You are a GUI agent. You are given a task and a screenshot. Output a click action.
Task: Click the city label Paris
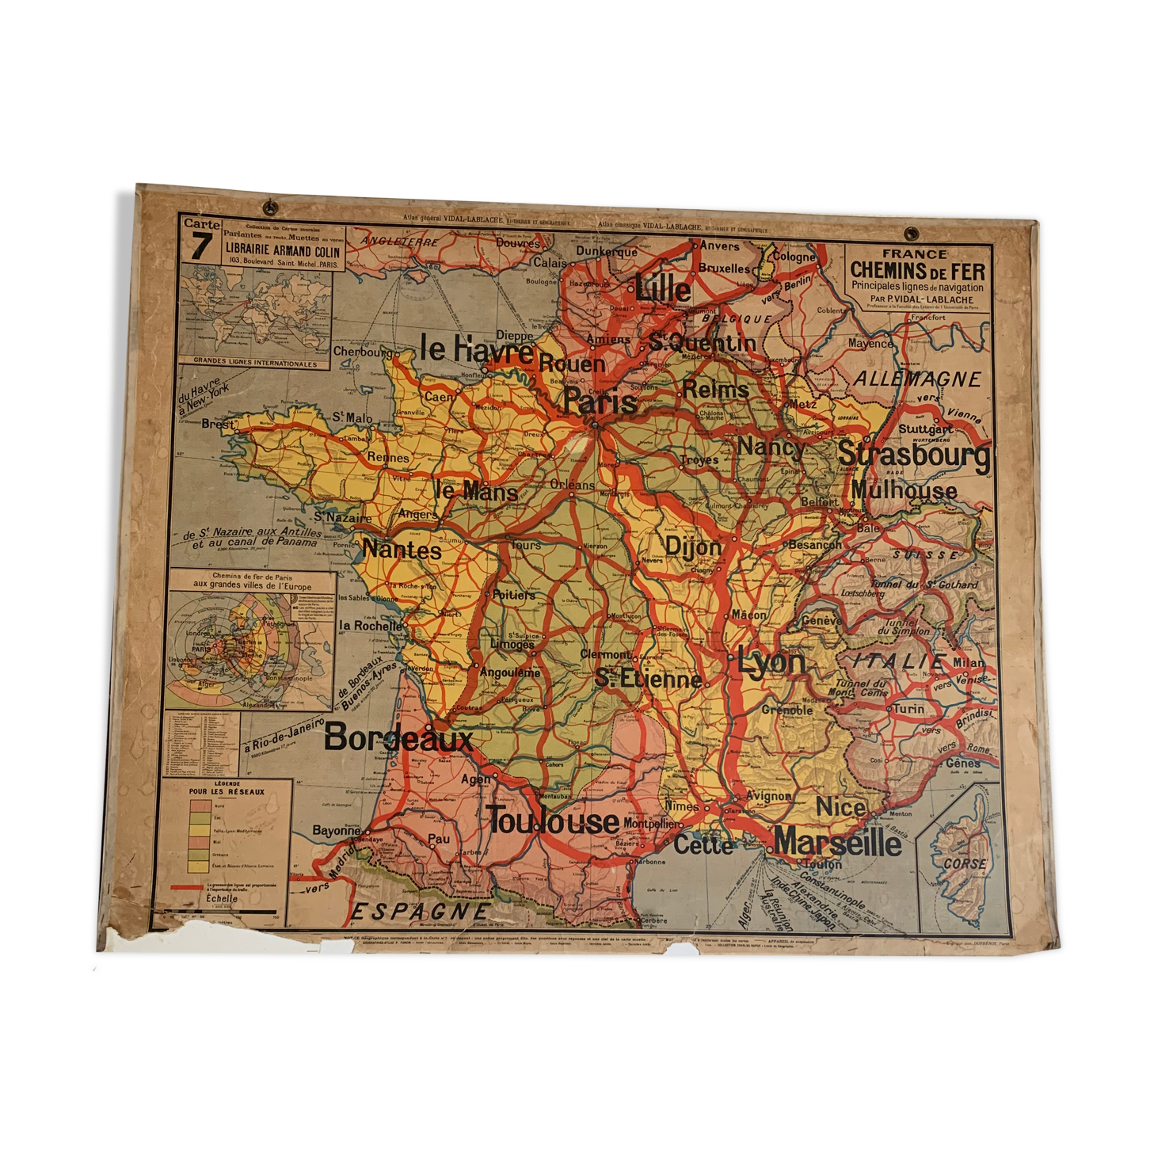[x=600, y=402]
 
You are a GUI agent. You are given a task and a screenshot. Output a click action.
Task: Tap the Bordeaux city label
[x=398, y=738]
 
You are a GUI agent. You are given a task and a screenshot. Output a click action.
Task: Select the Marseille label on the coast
[x=837, y=842]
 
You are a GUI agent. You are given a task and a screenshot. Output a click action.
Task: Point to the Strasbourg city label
[x=913, y=455]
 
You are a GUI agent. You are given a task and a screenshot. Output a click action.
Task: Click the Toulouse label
[x=552, y=821]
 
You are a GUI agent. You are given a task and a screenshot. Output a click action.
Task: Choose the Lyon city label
[x=771, y=661]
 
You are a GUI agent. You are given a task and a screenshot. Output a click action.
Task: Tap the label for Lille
[x=663, y=288]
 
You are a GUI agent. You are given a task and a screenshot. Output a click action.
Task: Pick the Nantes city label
[x=402, y=549]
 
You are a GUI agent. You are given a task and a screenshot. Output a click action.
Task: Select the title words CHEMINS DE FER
[x=917, y=270]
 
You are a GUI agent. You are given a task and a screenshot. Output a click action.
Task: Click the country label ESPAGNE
[x=420, y=912]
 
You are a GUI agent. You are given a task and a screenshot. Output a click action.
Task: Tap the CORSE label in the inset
[x=965, y=863]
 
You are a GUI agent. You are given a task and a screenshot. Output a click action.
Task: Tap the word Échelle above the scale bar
[x=221, y=898]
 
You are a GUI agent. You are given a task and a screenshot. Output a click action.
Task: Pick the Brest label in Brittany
[x=217, y=424]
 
